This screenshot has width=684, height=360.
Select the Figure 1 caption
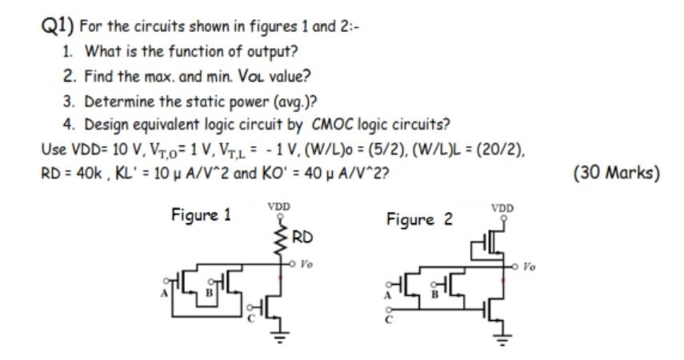[200, 214]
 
